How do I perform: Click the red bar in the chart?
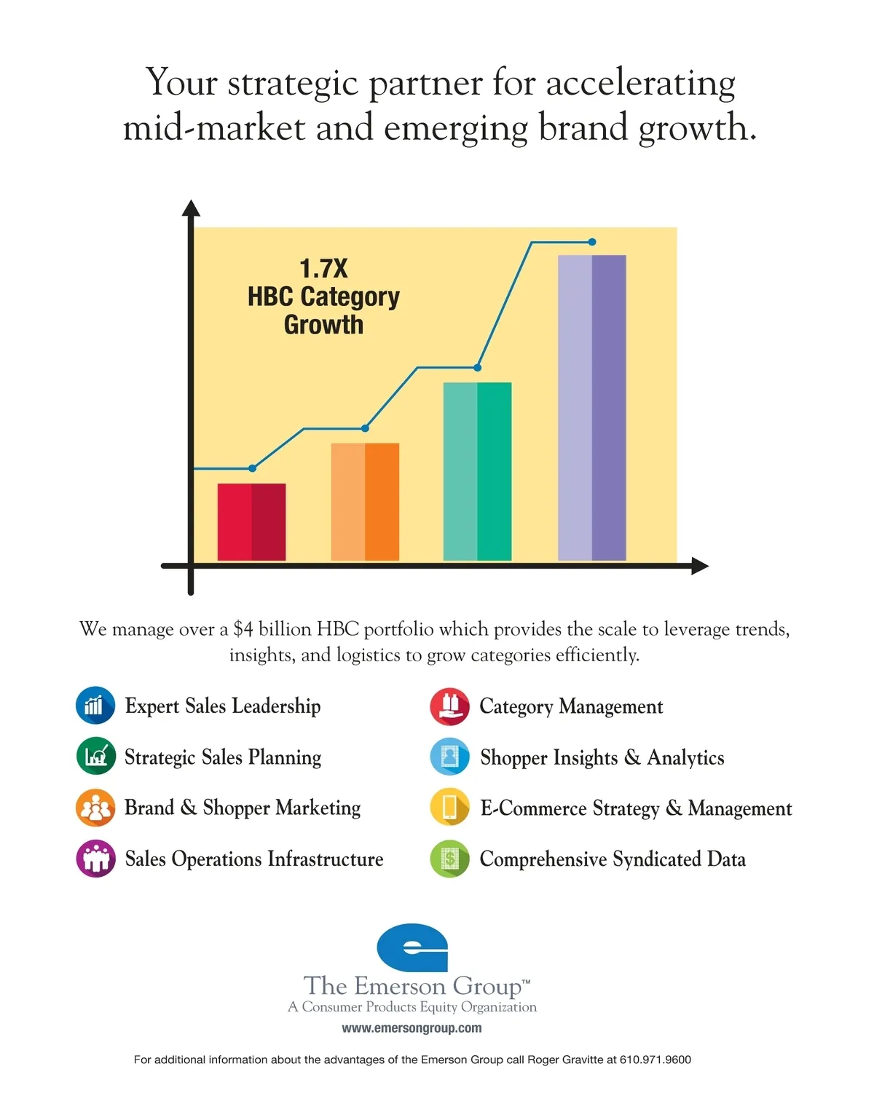251,521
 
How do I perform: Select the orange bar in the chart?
365,502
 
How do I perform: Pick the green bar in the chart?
477,471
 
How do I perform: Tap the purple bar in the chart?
591,407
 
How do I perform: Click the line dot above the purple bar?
592,242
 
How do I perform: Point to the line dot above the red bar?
252,468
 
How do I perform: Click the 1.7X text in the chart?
323,269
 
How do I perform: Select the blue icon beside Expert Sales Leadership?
95,705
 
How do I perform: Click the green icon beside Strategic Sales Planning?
95,756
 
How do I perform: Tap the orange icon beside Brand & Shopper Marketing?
95,808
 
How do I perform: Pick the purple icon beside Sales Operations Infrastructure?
95,859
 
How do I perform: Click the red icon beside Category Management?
449,706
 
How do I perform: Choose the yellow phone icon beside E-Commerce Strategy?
449,808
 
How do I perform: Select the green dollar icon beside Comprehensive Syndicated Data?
449,859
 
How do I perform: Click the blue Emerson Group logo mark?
412,947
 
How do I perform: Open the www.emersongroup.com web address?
412,1028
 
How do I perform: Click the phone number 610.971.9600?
655,1060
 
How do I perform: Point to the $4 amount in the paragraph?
243,629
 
